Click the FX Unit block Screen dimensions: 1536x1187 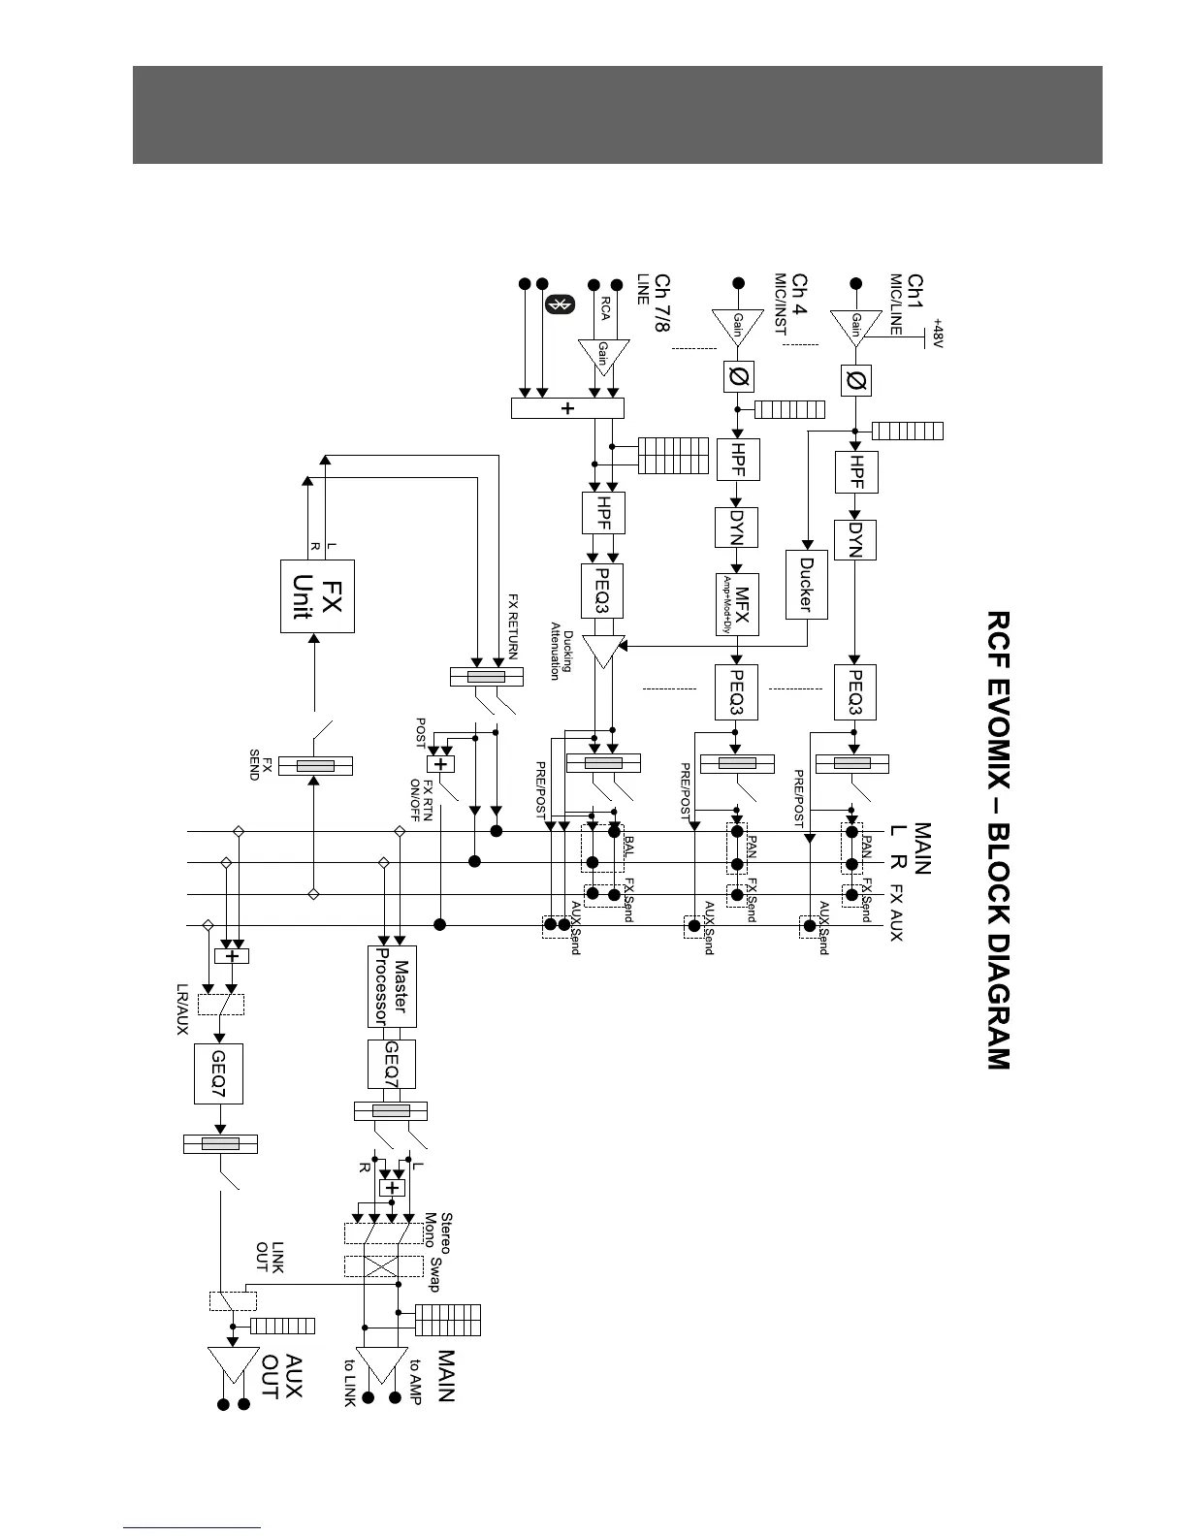[x=317, y=596]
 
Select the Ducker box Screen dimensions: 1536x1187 [x=805, y=584]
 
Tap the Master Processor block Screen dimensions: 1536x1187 [x=393, y=986]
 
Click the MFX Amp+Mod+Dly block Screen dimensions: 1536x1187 [x=737, y=603]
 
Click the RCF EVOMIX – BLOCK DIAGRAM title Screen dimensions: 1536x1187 [x=997, y=840]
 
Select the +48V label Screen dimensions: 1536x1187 [x=938, y=336]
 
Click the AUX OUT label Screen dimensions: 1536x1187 [x=281, y=1378]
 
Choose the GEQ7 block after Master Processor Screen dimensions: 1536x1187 [x=392, y=1064]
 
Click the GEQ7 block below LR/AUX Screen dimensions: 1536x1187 [x=218, y=1073]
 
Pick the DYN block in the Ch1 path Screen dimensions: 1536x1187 [x=854, y=540]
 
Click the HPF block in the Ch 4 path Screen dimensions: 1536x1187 [x=737, y=460]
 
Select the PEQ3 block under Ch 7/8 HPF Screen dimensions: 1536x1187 [x=602, y=591]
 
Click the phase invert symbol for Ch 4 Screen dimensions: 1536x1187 [x=738, y=376]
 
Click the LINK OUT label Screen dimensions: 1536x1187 [x=269, y=1258]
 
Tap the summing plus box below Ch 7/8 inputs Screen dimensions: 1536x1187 [x=567, y=408]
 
